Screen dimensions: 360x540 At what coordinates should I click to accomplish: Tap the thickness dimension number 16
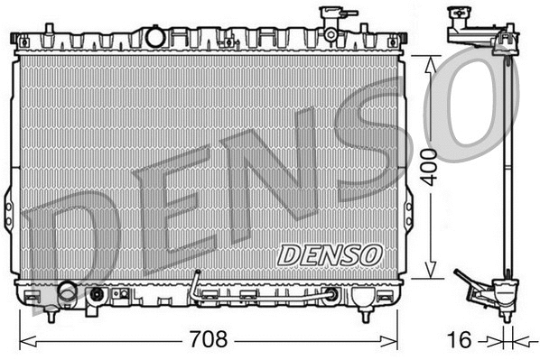(x=460, y=341)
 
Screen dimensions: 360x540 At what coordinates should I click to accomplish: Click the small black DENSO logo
(x=330, y=254)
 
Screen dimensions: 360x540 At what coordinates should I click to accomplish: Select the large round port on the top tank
(x=156, y=37)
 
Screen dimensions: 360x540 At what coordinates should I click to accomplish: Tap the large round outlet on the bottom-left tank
(x=68, y=292)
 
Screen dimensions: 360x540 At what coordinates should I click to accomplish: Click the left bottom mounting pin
(x=51, y=316)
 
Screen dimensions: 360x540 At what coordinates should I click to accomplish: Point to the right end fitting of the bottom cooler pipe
(x=333, y=293)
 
